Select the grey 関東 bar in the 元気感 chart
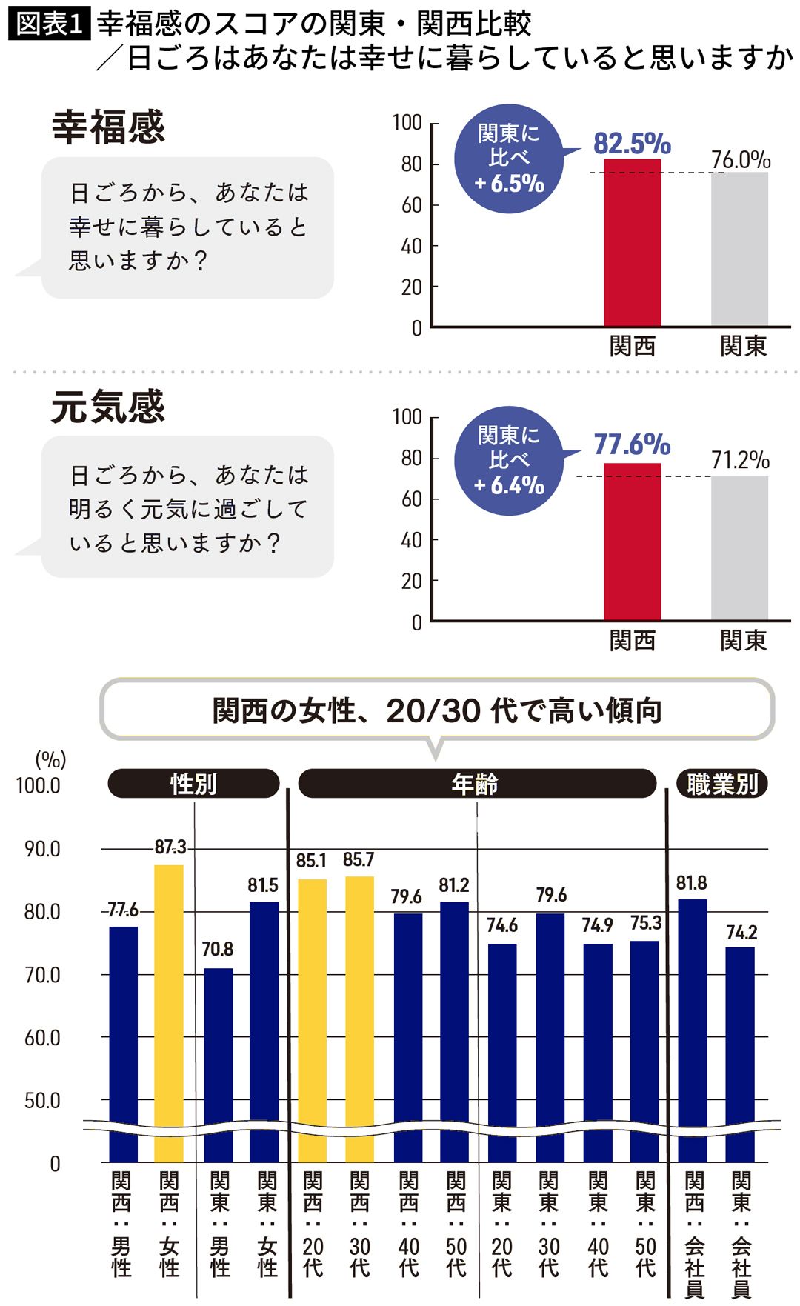(x=739, y=547)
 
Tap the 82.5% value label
(x=632, y=143)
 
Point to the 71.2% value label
(x=740, y=460)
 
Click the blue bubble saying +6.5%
(x=510, y=159)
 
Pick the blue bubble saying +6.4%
(x=510, y=460)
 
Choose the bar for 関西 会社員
(x=693, y=1030)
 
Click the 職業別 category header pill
(x=722, y=784)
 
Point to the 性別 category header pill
(x=193, y=784)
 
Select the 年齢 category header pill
(x=476, y=784)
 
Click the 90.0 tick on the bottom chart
(x=42, y=849)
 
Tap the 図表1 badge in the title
(x=49, y=24)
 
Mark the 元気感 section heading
(x=108, y=407)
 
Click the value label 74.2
(x=741, y=932)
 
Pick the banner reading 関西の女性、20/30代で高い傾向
(x=437, y=710)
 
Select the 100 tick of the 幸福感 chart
(x=407, y=122)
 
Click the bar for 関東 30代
(x=550, y=1037)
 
